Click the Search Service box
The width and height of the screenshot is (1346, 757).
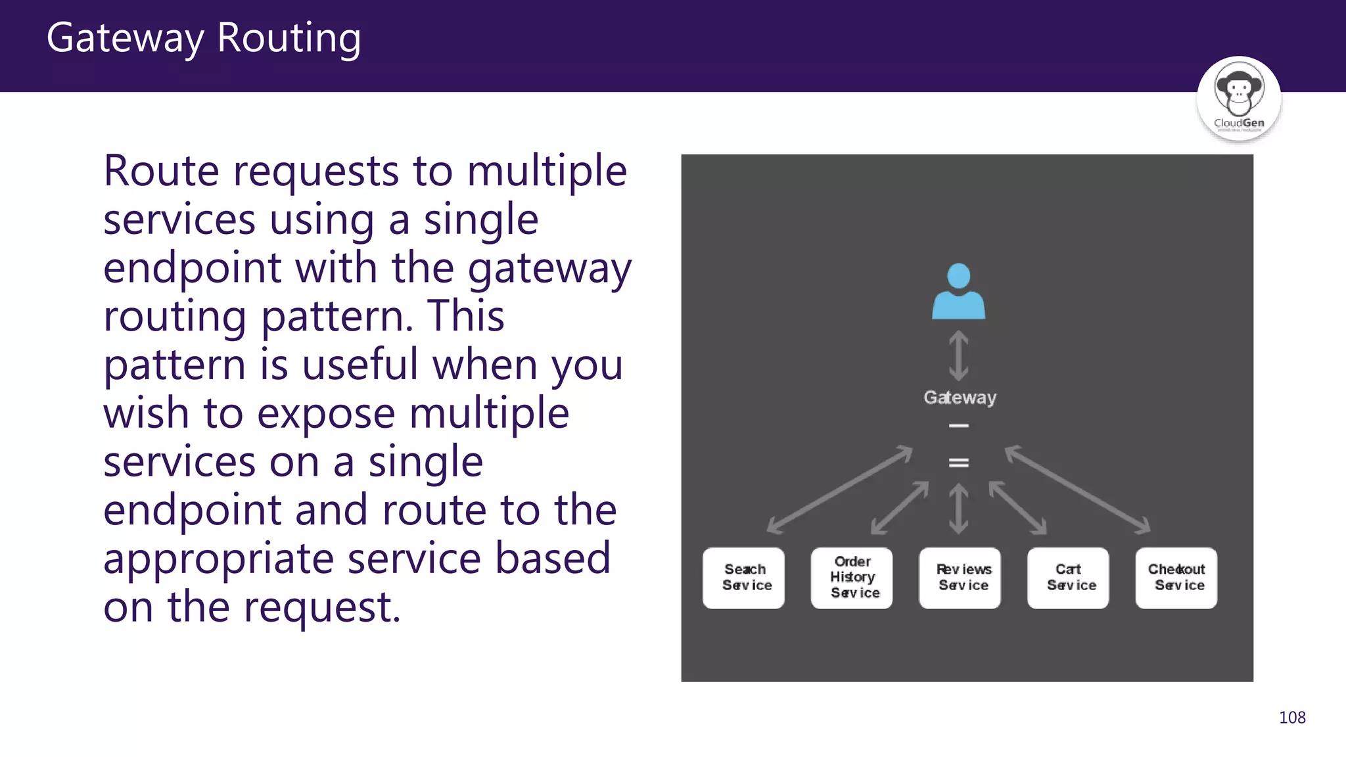click(x=743, y=578)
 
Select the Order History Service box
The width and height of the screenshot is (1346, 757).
click(x=852, y=578)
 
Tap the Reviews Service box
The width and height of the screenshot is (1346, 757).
click(x=960, y=578)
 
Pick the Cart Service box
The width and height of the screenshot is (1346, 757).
click(x=1068, y=578)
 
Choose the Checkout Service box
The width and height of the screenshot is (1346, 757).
click(x=1176, y=578)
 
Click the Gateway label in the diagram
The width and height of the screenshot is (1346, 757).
click(x=960, y=398)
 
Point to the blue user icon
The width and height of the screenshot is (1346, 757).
click(x=958, y=292)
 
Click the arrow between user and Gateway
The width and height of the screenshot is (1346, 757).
click(x=958, y=356)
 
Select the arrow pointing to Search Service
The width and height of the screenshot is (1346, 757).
click(x=839, y=490)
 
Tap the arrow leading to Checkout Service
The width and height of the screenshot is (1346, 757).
click(x=1078, y=490)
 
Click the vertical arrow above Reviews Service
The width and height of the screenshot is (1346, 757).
click(x=958, y=509)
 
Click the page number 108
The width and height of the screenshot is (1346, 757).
click(x=1291, y=718)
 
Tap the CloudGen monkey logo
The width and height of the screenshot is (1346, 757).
click(x=1238, y=99)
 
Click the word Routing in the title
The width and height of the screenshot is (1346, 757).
click(x=289, y=38)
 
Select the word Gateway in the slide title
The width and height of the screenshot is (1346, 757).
click(x=125, y=38)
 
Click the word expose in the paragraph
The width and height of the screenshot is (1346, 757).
click(x=325, y=413)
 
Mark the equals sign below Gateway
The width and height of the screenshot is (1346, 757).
click(x=958, y=463)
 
